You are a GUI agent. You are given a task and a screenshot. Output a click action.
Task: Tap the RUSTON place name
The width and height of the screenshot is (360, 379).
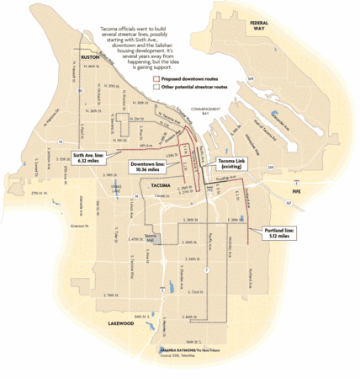click(x=90, y=57)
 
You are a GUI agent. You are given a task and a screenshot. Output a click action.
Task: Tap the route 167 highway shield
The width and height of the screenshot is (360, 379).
click(x=288, y=204)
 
